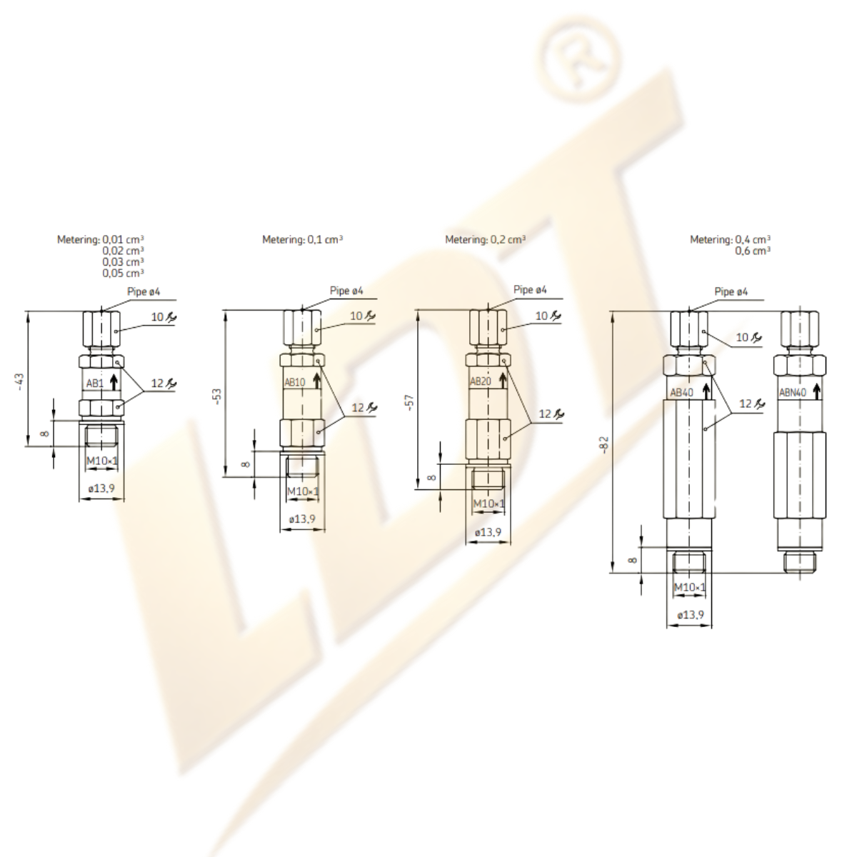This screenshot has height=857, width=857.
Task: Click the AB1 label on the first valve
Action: point(95,383)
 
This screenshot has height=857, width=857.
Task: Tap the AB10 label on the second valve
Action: point(295,382)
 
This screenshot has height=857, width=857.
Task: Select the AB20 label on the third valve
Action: point(481,381)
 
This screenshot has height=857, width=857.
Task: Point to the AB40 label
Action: point(682,393)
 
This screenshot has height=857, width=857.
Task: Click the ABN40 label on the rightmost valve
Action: point(793,393)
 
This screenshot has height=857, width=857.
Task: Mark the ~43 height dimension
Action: point(20,382)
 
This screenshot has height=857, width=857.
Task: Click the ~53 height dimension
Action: point(218,396)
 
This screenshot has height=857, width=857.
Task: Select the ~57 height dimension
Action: point(411,402)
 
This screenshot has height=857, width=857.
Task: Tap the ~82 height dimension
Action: point(604,445)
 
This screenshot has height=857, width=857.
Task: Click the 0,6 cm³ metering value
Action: point(753,251)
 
